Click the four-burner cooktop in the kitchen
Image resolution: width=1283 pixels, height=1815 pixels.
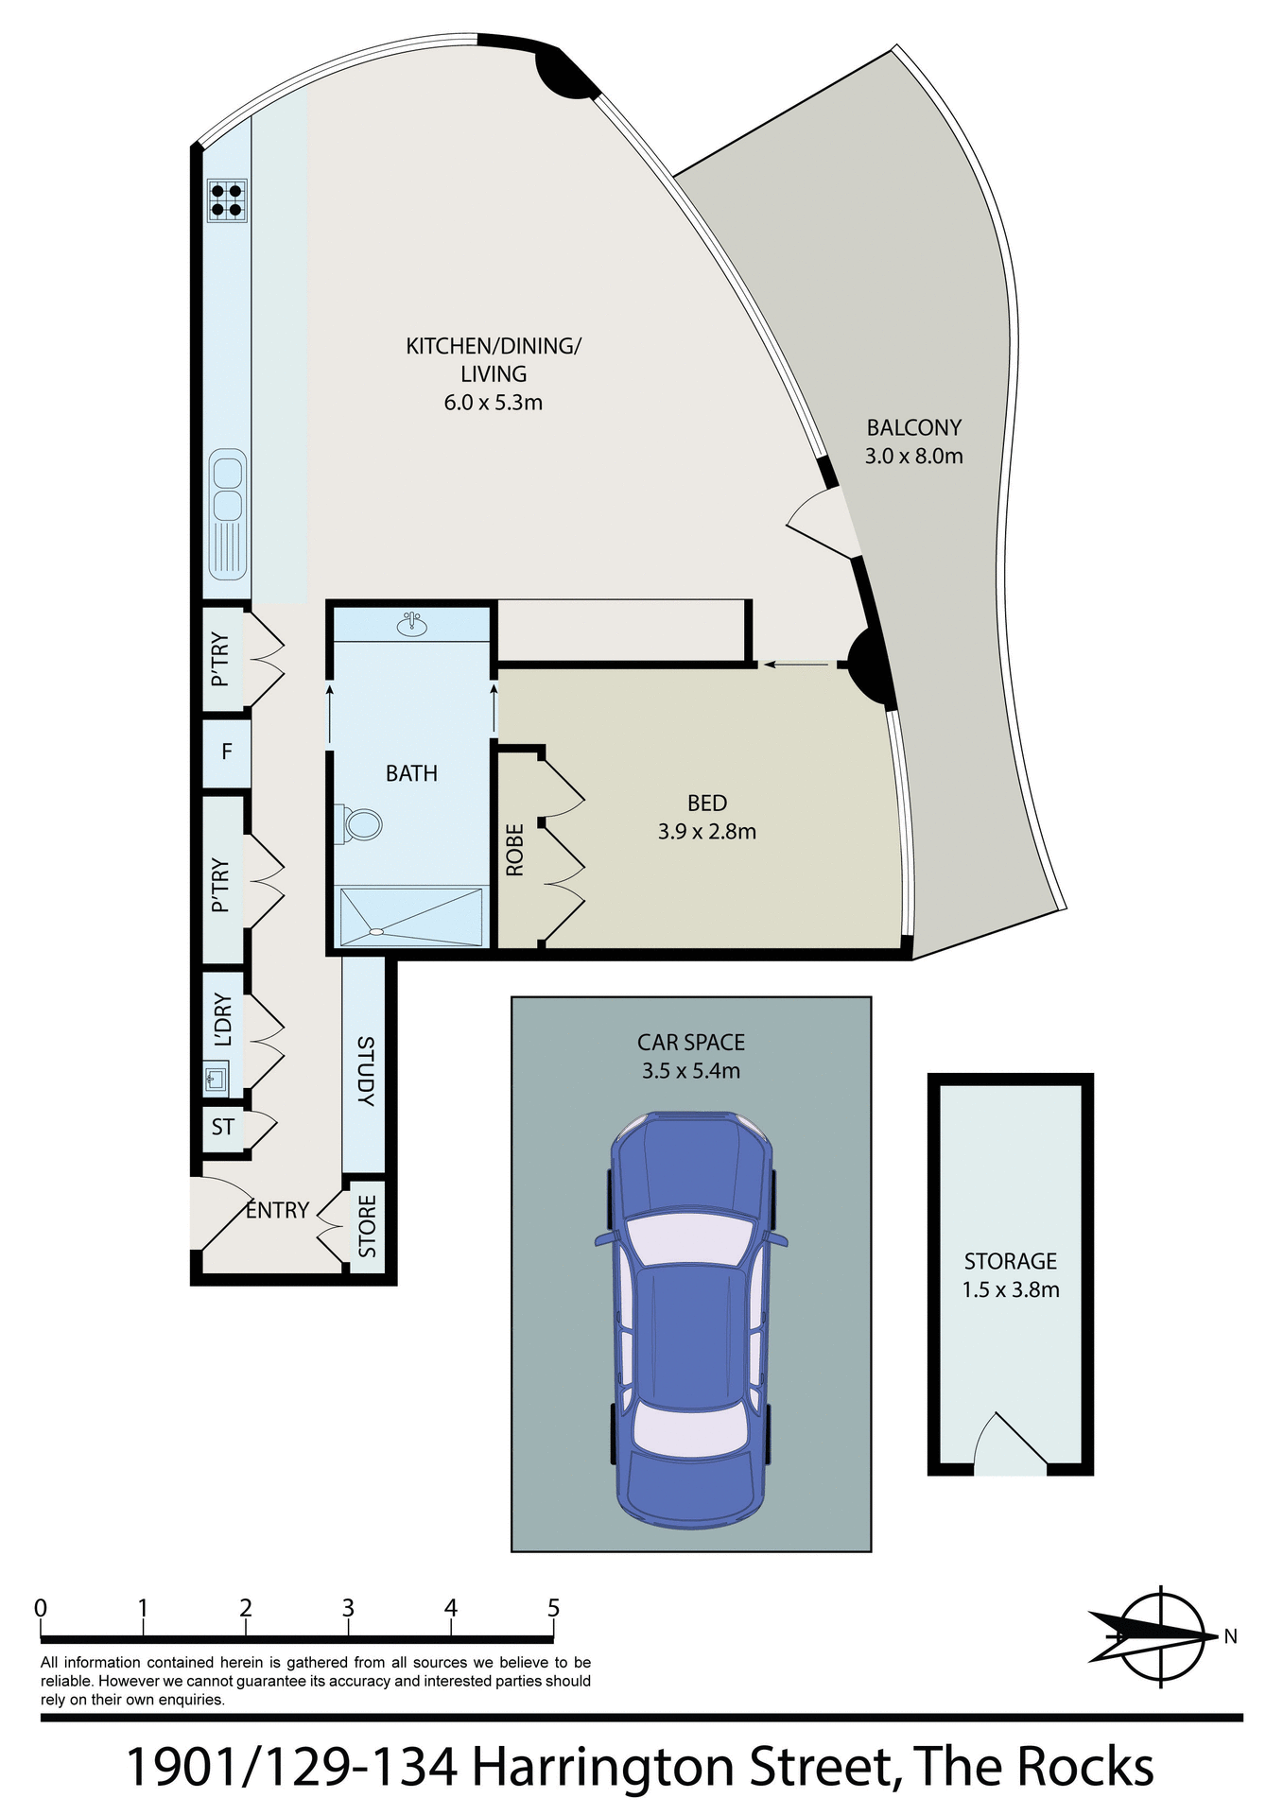227,199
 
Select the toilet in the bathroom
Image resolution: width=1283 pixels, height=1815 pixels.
360,823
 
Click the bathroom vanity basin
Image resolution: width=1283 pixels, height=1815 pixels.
410,624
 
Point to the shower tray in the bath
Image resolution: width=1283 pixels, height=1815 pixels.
410,915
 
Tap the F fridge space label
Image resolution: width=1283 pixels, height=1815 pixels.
227,752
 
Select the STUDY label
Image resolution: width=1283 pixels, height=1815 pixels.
365,1070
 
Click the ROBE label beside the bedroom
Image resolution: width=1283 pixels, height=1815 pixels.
515,849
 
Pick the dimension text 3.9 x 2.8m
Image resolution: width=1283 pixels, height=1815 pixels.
706,832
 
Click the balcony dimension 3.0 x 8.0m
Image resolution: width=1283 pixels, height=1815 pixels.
913,457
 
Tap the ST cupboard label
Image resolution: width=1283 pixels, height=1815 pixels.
223,1127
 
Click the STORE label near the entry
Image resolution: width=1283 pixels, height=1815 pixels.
368,1226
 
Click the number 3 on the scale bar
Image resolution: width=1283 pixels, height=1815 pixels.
348,1608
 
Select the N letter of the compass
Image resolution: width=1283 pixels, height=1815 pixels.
1230,1636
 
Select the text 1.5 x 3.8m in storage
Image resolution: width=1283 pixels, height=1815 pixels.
1010,1289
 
